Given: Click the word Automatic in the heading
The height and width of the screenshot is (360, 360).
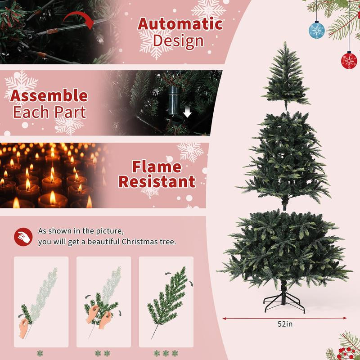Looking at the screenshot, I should pos(180,23).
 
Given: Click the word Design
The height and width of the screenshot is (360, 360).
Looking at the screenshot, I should pos(178,41).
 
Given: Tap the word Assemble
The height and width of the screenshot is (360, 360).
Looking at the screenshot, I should pos(49,95).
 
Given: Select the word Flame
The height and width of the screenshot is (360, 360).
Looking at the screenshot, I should pos(156,166).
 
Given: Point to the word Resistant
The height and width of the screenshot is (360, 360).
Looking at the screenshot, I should pos(156,182).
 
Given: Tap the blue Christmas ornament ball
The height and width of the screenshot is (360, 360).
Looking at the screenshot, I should pos(316,29).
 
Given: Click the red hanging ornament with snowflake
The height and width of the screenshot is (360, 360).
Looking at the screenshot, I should pos(349,61).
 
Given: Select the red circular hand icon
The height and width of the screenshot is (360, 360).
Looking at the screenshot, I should pos(23,236).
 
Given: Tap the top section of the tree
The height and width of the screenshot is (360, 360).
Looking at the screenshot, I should pos(285,76).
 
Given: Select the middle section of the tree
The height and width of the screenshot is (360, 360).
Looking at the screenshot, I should pos(284,157).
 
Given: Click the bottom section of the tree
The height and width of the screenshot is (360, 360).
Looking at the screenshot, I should pos(284,247).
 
